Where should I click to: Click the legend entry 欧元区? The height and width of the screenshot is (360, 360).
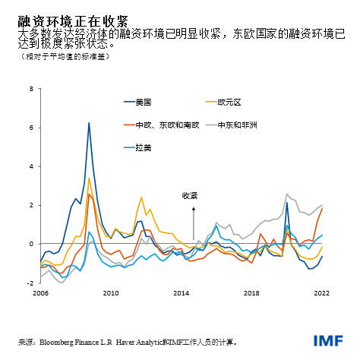point(229,102)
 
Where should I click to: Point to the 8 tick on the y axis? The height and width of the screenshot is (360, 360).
point(31,89)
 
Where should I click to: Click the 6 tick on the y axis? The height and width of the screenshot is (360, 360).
point(31,128)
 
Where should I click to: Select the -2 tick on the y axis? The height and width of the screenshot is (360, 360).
point(30,283)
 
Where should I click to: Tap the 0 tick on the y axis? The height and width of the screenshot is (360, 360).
point(31,244)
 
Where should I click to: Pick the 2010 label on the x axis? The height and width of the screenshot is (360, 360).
point(111,293)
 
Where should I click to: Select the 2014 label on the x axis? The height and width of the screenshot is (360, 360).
point(182,293)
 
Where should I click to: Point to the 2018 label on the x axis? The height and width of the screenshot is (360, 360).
point(252,293)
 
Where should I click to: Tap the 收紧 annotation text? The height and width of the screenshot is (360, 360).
point(190,196)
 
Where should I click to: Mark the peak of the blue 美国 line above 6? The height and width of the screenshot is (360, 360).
point(89,123)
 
